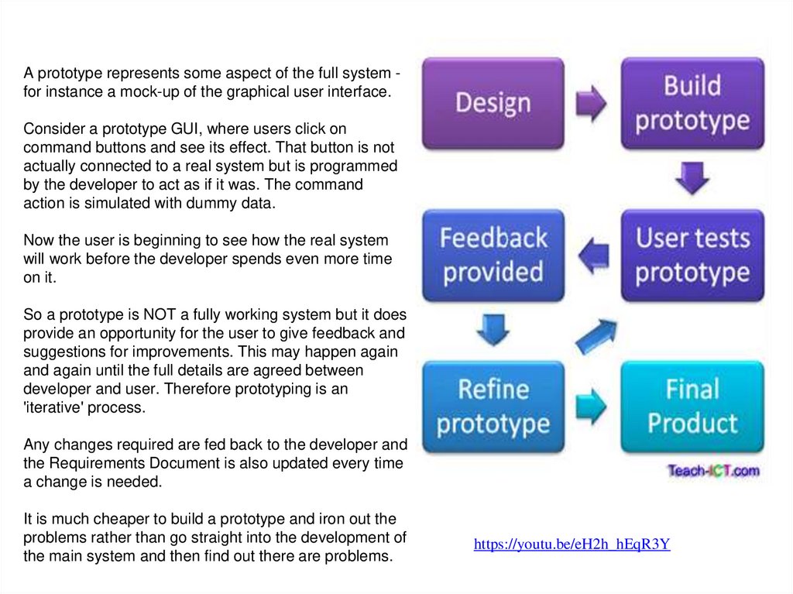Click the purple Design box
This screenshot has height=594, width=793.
[x=493, y=103]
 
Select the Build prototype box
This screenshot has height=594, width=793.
[x=692, y=103]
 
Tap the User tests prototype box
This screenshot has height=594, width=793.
[x=692, y=255]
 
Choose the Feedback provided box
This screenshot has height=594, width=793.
[x=493, y=255]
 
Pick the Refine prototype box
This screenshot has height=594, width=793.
[x=493, y=407]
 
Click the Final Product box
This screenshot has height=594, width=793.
[x=692, y=407]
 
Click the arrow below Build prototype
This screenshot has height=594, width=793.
[x=692, y=178]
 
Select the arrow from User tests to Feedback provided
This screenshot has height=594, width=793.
[x=592, y=256]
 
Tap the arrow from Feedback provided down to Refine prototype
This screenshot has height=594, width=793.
[x=493, y=330]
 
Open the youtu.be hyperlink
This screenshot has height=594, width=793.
[x=572, y=544]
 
